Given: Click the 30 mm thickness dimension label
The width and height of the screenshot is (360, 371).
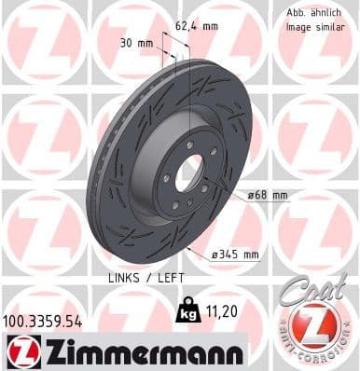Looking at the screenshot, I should point(138,43).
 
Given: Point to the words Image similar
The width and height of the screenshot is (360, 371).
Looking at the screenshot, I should point(307,28).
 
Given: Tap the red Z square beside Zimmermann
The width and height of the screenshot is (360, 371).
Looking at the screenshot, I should point(21,350).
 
